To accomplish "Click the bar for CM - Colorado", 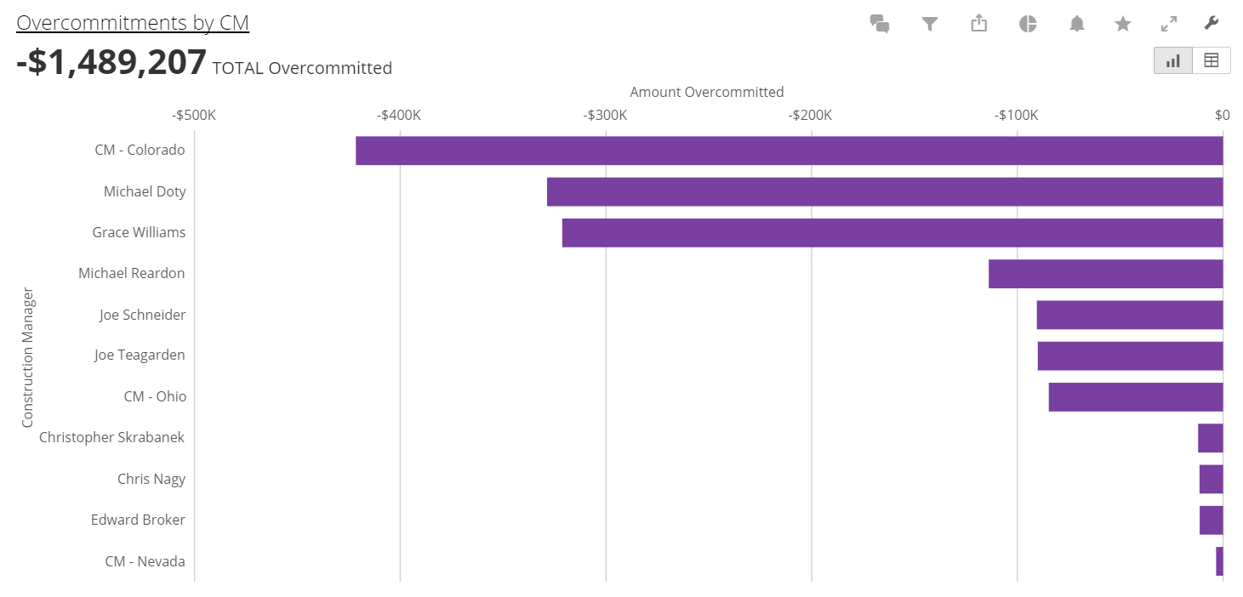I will coord(789,151).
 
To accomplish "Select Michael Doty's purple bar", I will coord(885,191).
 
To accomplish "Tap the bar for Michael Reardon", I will coord(1105,274).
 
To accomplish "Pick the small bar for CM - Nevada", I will coord(1219,561).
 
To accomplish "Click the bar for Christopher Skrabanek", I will coord(1210,438).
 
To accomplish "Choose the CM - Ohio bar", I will coord(1135,397).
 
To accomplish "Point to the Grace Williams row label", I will coord(139,232).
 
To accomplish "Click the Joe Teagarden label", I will coord(140,355).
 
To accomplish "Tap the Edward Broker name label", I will coord(138,520).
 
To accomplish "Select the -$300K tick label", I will coord(605,115).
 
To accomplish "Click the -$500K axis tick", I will coord(194,115).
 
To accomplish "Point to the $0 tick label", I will coord(1222,115).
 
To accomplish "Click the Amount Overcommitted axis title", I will coord(706,92).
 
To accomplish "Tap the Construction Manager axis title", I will coord(28,357).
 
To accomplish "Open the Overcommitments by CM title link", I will coord(133,23).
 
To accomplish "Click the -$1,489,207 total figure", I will coord(111,63).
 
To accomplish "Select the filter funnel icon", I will coord(929,24).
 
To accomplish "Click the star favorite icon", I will coord(1123,24).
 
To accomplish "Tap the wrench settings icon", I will coord(1212,23).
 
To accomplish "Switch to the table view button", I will coord(1211,60).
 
